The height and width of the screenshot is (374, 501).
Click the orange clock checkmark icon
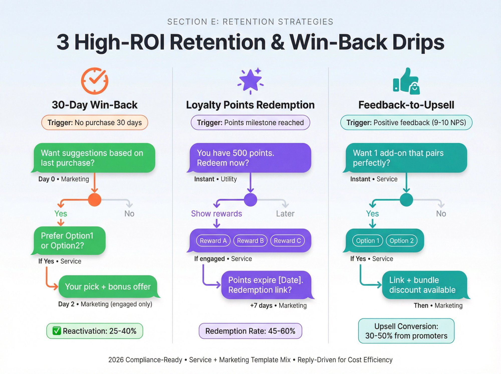[x=95, y=81]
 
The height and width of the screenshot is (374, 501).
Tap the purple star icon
[x=250, y=80]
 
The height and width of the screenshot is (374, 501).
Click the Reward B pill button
[x=250, y=241]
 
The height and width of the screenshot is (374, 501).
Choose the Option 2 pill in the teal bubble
[x=402, y=241]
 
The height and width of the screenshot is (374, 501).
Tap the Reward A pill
[x=213, y=241]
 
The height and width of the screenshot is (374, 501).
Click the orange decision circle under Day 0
[x=95, y=200]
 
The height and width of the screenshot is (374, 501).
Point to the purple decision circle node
[x=250, y=200]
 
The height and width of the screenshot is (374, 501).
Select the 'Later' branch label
[x=285, y=214]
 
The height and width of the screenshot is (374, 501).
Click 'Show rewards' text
[x=216, y=214]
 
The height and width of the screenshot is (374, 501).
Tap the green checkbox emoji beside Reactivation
[x=57, y=331]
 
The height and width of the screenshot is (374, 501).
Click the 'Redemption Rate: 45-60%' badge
[x=250, y=331]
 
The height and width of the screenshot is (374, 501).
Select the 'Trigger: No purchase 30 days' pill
[x=95, y=122]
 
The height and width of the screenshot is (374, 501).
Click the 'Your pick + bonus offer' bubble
[x=108, y=287]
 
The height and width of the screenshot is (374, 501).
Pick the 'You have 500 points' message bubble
[x=250, y=158]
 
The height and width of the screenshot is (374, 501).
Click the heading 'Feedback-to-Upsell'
[x=406, y=105]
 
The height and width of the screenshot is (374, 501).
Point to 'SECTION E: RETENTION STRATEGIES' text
[x=250, y=22]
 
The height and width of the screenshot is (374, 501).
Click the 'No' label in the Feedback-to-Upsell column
[x=441, y=214]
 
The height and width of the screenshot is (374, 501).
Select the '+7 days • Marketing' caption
[x=278, y=305]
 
